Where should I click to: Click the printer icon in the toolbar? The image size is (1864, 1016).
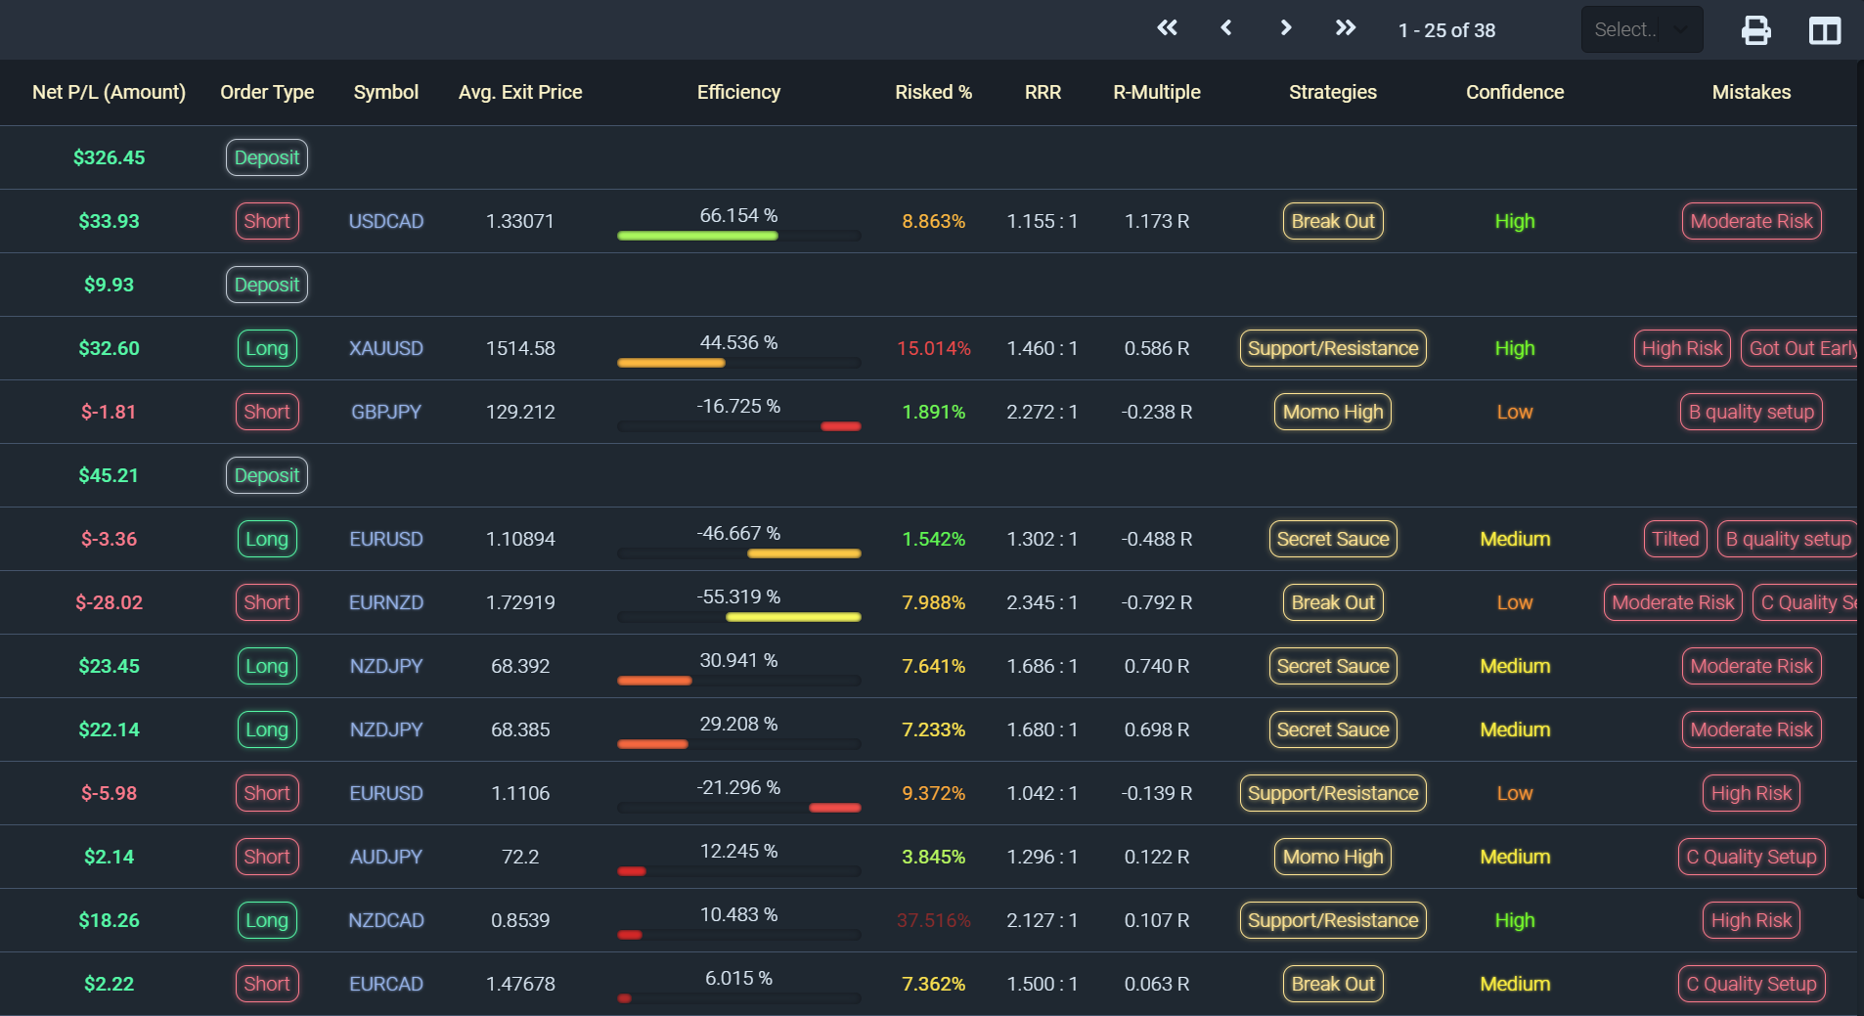[1755, 30]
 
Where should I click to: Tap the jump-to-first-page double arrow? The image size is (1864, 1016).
[1167, 28]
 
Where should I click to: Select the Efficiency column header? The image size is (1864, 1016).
[738, 92]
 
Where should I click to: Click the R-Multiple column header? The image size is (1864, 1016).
[1157, 92]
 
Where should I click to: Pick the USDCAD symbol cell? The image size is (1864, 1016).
[386, 221]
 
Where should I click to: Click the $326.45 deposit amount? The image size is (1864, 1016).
[110, 157]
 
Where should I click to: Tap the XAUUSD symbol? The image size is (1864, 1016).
[386, 348]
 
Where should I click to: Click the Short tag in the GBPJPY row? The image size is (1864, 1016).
[267, 412]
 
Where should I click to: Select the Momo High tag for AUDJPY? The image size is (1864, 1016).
[1333, 857]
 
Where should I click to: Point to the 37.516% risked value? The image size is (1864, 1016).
[934, 920]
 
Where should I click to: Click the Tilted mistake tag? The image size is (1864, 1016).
[1675, 539]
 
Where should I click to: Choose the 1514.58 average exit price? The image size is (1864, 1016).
[520, 348]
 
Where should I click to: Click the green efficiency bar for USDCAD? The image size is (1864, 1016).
[697, 236]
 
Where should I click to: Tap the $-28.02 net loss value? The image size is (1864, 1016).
[110, 602]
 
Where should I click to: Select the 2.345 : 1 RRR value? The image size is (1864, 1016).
[1043, 602]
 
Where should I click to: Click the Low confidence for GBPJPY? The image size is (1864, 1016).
[1515, 412]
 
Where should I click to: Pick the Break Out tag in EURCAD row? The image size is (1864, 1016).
[1333, 984]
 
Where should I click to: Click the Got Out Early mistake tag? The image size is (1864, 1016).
[1801, 348]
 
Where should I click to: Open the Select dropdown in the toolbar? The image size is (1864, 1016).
[1642, 29]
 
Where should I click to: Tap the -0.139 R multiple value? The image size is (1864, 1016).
[1157, 793]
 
